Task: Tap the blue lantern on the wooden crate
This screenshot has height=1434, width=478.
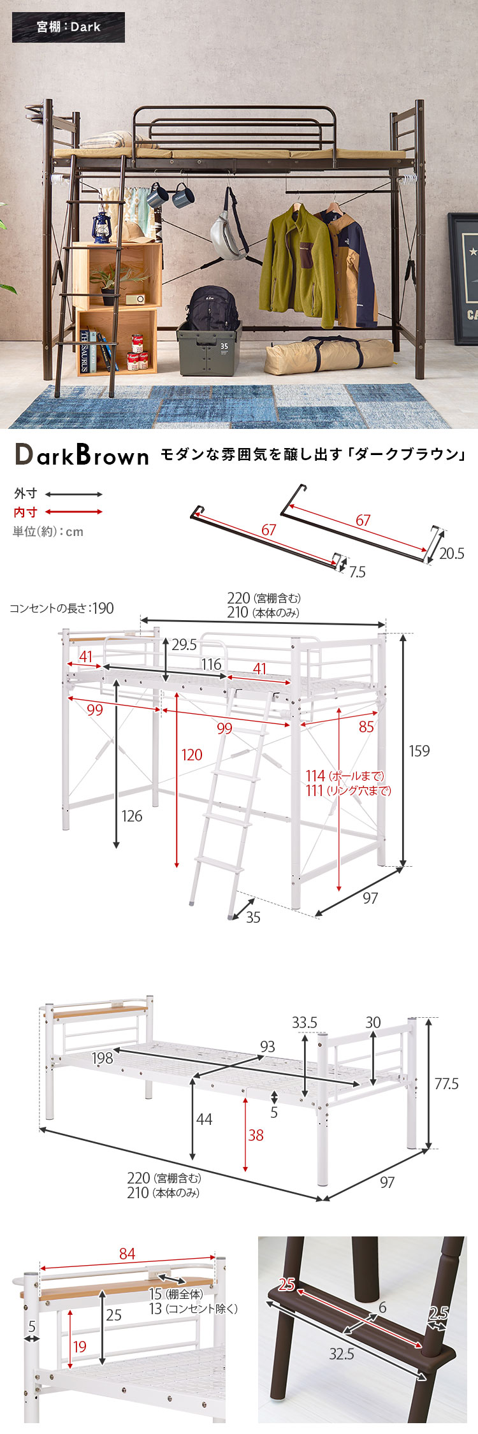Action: tap(101, 226)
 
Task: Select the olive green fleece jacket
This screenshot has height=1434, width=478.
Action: tap(298, 267)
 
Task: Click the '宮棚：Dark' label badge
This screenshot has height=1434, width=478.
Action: tap(68, 27)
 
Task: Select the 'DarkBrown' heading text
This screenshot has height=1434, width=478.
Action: tap(82, 455)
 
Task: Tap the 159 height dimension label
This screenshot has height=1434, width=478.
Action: tap(419, 751)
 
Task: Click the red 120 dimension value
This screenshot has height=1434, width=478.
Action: tap(192, 755)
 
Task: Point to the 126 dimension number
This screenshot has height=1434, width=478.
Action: tap(132, 816)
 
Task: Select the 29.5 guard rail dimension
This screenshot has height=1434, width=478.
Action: tap(184, 644)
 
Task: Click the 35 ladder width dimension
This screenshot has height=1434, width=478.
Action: tap(253, 917)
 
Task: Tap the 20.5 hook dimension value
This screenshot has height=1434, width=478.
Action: tap(452, 553)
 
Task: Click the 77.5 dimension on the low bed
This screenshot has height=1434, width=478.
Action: tap(446, 1083)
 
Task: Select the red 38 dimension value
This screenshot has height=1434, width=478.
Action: tap(256, 1135)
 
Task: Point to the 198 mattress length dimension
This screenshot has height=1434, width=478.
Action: tap(102, 1058)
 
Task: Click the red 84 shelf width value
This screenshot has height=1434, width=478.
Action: tap(127, 1254)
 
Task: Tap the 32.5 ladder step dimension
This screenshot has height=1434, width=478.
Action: tap(342, 1353)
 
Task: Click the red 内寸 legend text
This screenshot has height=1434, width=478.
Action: tap(25, 512)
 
